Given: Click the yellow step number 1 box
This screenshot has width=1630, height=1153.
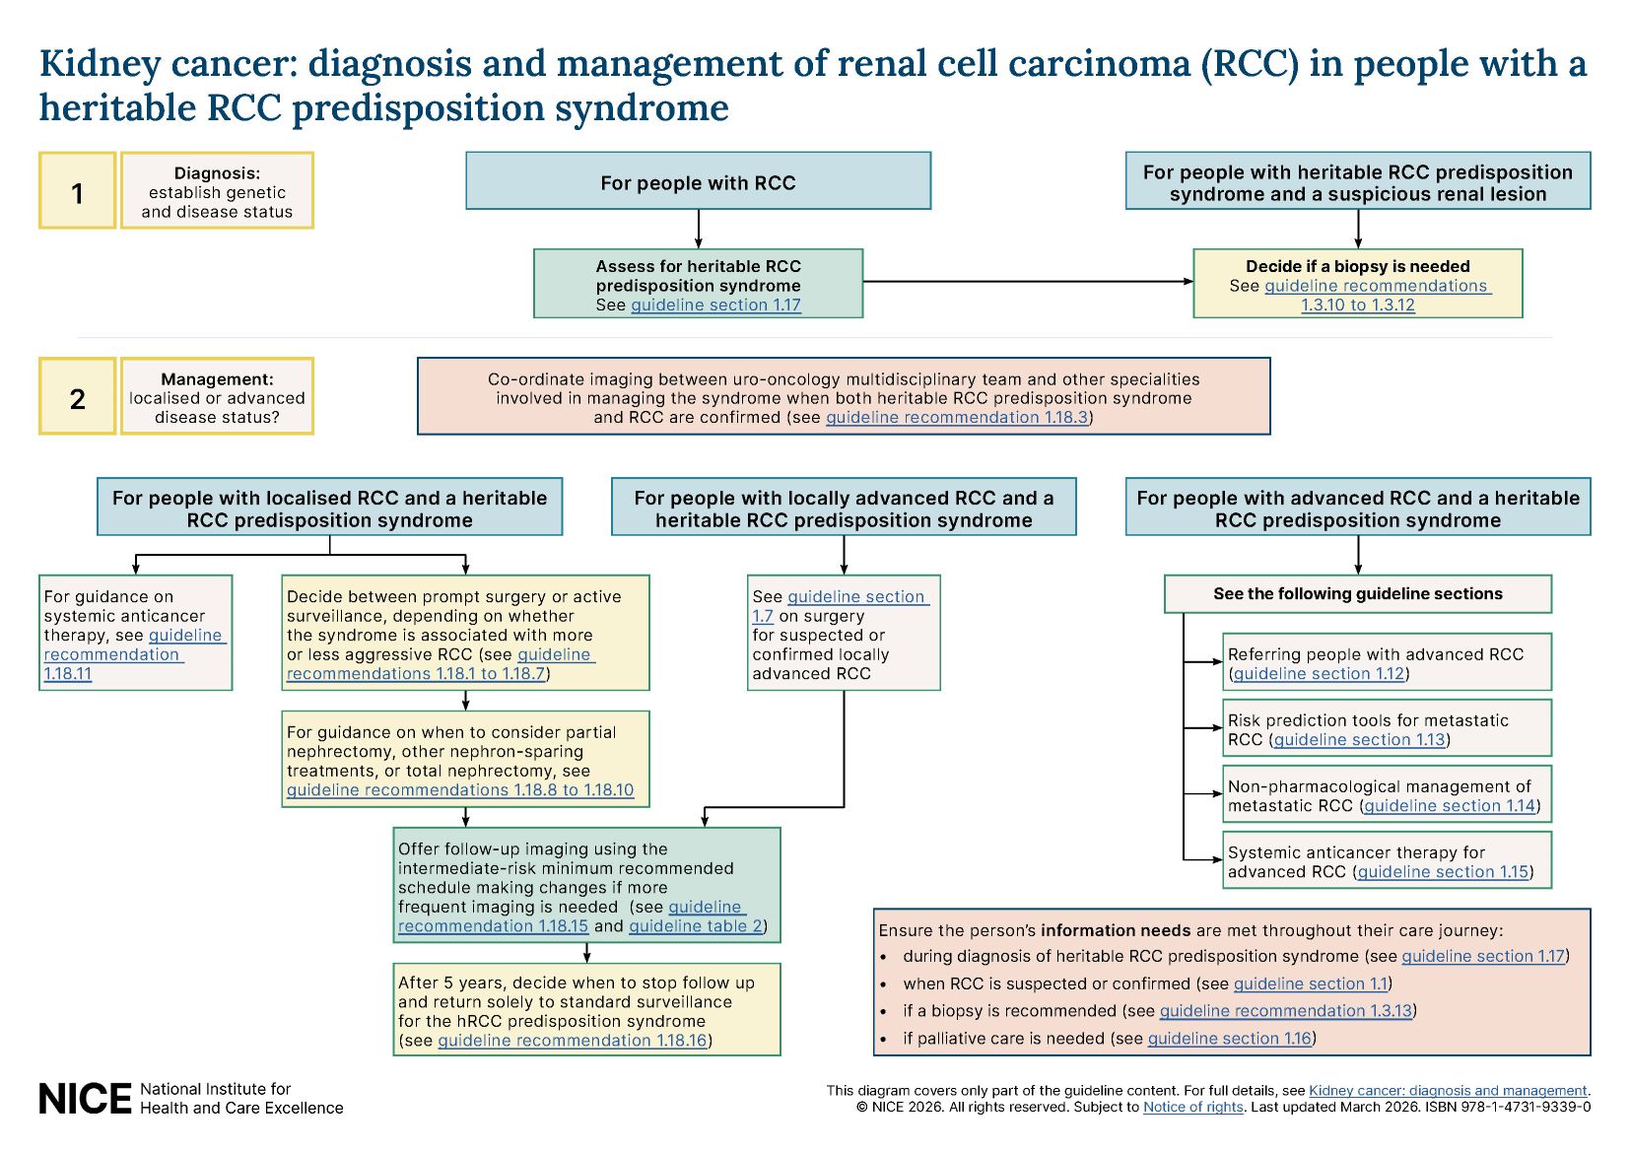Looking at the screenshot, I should pos(77,191).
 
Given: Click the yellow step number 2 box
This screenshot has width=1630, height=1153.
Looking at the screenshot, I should pos(77,397).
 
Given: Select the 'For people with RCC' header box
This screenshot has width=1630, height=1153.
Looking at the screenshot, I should pos(698,181).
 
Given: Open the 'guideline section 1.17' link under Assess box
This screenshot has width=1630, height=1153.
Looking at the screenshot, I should pos(715,305).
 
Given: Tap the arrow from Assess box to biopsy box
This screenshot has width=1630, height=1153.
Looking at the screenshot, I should pos(1025,282).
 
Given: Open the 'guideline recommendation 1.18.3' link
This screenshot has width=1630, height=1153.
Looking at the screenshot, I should pos(956,418).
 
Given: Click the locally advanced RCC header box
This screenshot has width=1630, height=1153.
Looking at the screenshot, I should pos(843,509).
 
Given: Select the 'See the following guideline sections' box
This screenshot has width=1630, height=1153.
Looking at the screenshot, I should pos(1357,594).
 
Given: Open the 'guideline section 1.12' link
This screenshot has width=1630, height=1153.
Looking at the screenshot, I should pos(1319,674).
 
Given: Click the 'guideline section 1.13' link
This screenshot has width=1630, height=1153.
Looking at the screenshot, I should pos(1359,740).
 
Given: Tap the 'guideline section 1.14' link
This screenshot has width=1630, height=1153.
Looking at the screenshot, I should pos(1450,806).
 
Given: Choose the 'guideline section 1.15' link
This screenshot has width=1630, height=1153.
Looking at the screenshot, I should pos(1443,872).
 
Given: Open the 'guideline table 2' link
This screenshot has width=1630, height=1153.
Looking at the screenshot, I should pos(696,926).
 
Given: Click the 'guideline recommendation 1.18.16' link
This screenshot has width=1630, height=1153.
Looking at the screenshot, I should pos(572,1042).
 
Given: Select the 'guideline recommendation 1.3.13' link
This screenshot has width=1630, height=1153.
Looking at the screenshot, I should pos(1285,1011).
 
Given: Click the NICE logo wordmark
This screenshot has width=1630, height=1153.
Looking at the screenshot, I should pos(85,1099).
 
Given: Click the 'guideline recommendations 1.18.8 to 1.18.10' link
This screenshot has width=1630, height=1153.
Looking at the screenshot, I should pos(460,790).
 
